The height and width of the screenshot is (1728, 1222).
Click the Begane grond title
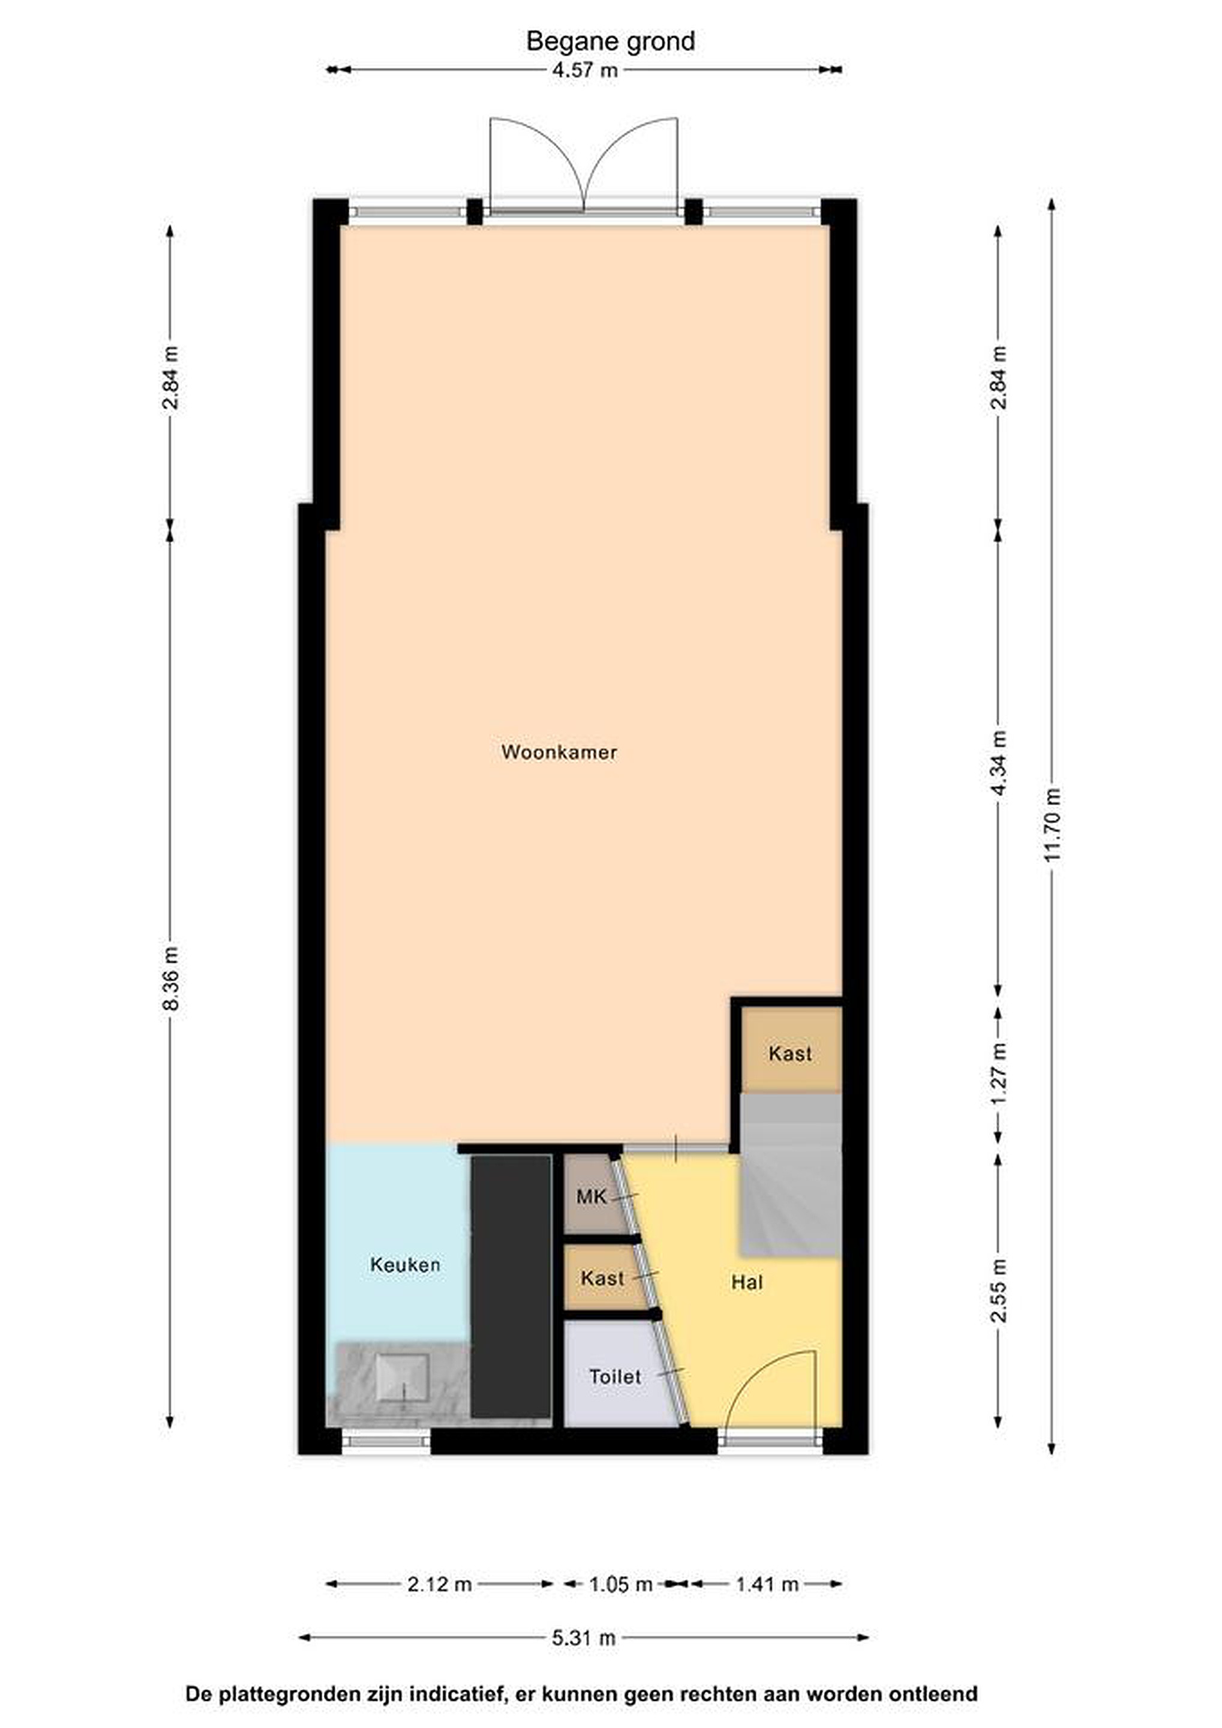click(610, 41)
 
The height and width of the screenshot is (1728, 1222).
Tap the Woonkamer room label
click(559, 752)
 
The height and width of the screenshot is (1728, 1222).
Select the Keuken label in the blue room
click(405, 1264)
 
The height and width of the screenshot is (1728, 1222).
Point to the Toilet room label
click(615, 1376)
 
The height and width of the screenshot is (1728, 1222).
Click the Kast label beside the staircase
click(790, 1053)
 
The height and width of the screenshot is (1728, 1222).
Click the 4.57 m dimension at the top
click(585, 70)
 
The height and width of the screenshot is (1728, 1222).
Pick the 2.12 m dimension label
click(440, 1584)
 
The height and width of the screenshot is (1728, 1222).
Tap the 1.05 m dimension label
click(620, 1584)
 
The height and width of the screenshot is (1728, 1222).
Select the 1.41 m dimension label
click(767, 1584)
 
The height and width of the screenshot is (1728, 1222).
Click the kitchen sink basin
click(403, 1376)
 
